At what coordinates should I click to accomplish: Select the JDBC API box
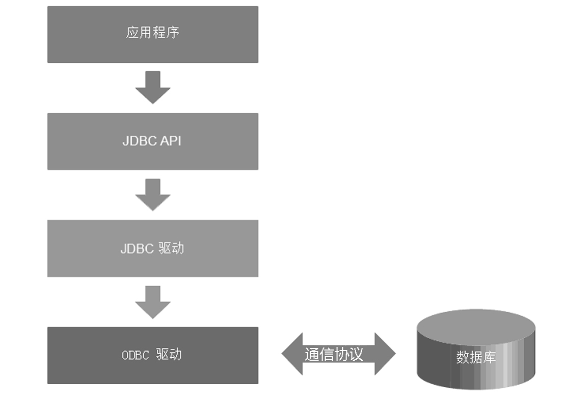153,156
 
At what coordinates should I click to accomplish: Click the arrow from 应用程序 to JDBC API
153,88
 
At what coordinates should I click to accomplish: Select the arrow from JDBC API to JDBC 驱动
153,195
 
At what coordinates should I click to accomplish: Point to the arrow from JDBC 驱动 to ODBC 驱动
153,302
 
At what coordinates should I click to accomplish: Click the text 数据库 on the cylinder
476,357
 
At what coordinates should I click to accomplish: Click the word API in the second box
171,141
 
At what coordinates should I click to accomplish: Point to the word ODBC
136,355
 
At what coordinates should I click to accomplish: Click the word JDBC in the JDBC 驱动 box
137,248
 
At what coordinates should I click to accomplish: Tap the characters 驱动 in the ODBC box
169,354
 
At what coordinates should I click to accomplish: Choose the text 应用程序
152,33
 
